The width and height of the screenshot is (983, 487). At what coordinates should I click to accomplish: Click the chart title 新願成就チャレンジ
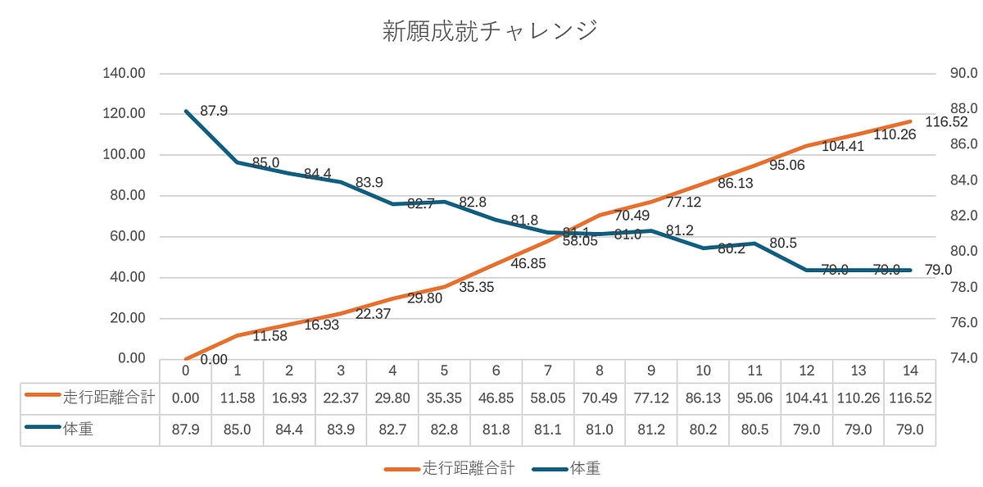tap(491, 31)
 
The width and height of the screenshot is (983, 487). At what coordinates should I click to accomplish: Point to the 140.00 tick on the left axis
tap(125, 73)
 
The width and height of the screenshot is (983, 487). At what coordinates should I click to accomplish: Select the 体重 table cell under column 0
tap(186, 428)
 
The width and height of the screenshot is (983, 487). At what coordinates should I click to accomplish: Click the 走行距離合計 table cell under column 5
tap(444, 398)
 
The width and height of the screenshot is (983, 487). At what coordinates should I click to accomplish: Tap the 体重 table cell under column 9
tap(651, 428)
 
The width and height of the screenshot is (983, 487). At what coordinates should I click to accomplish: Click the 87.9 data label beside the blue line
tap(214, 110)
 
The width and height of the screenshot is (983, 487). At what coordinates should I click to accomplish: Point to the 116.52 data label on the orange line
tap(946, 122)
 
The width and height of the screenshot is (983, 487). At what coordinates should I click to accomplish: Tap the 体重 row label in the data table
tap(78, 428)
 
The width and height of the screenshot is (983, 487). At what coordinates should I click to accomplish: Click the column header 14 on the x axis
tap(909, 370)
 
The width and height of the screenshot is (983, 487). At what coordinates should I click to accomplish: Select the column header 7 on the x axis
tap(547, 370)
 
